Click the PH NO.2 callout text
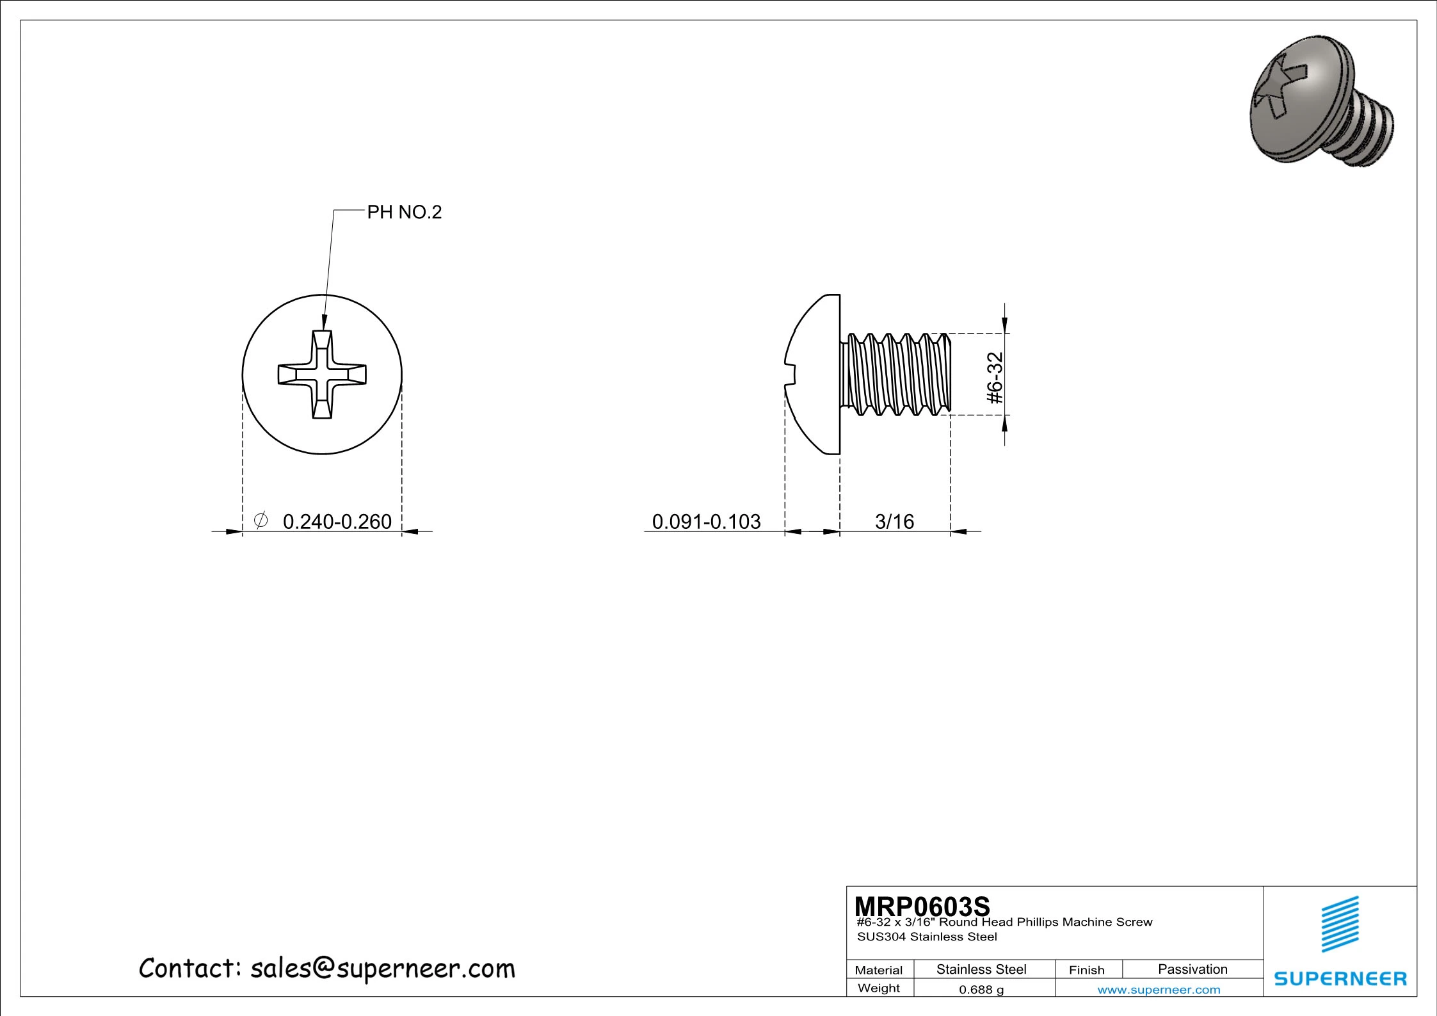point(404,212)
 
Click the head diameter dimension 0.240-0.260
point(337,521)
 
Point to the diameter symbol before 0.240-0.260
point(261,520)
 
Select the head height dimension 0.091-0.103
point(706,521)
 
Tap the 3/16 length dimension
point(894,521)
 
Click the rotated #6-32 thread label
point(995,378)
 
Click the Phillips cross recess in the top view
point(322,375)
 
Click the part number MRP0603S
point(922,906)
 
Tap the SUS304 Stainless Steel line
point(927,937)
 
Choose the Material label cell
point(879,970)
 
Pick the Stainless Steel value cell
point(981,969)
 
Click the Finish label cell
point(1086,970)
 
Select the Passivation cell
point(1192,969)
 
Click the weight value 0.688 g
point(981,989)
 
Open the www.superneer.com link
point(1159,990)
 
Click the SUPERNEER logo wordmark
point(1340,979)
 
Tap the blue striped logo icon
point(1340,924)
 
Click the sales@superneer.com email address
point(382,969)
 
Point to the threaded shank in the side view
point(896,375)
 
